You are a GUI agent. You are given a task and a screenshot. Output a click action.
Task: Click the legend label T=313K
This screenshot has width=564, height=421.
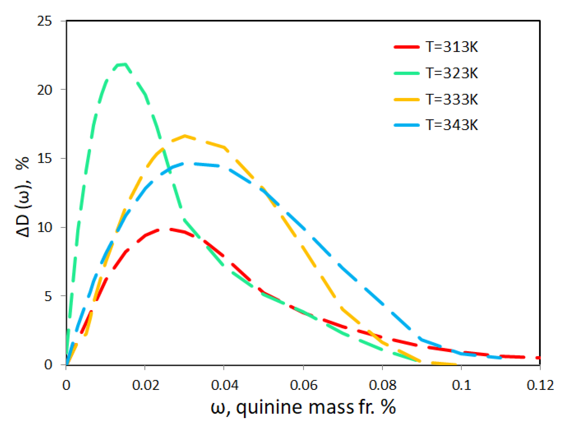point(452,47)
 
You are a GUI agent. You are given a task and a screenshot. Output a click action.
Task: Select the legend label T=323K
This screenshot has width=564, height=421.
point(452,73)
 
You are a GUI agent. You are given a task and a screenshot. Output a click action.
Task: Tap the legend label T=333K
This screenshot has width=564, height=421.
point(452,99)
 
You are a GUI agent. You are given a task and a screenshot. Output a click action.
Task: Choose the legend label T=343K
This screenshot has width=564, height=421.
point(452,125)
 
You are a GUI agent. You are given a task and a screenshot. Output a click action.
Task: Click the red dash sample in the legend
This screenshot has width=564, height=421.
point(407,47)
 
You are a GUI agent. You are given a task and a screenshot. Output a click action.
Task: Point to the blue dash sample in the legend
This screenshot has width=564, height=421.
point(407,125)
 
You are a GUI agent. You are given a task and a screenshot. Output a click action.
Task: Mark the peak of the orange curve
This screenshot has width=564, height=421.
point(185,136)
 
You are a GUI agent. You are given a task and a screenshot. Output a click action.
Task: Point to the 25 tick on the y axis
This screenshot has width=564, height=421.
point(44,21)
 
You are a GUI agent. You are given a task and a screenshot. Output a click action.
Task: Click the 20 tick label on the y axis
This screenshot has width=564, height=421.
point(44,90)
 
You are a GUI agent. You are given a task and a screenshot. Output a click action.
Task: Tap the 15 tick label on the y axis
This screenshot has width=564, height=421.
point(44,159)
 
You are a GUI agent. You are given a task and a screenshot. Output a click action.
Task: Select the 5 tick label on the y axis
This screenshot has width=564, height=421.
point(48,296)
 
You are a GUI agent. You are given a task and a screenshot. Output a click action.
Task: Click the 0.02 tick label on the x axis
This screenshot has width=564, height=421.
point(145,385)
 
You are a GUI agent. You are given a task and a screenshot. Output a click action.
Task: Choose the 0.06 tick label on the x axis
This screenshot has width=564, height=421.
point(303,385)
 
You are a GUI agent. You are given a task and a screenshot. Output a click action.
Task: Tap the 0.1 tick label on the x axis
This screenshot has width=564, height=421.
point(461,385)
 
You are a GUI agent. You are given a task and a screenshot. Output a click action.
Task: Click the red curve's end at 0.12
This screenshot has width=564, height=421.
point(539,358)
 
